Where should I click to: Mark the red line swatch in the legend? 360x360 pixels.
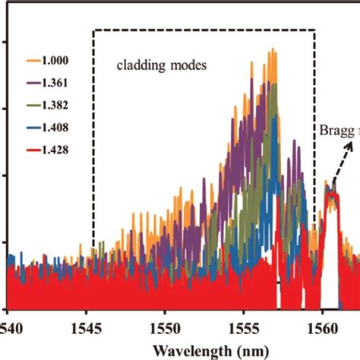click(x=31, y=150)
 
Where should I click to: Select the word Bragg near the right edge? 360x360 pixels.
click(x=333, y=128)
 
